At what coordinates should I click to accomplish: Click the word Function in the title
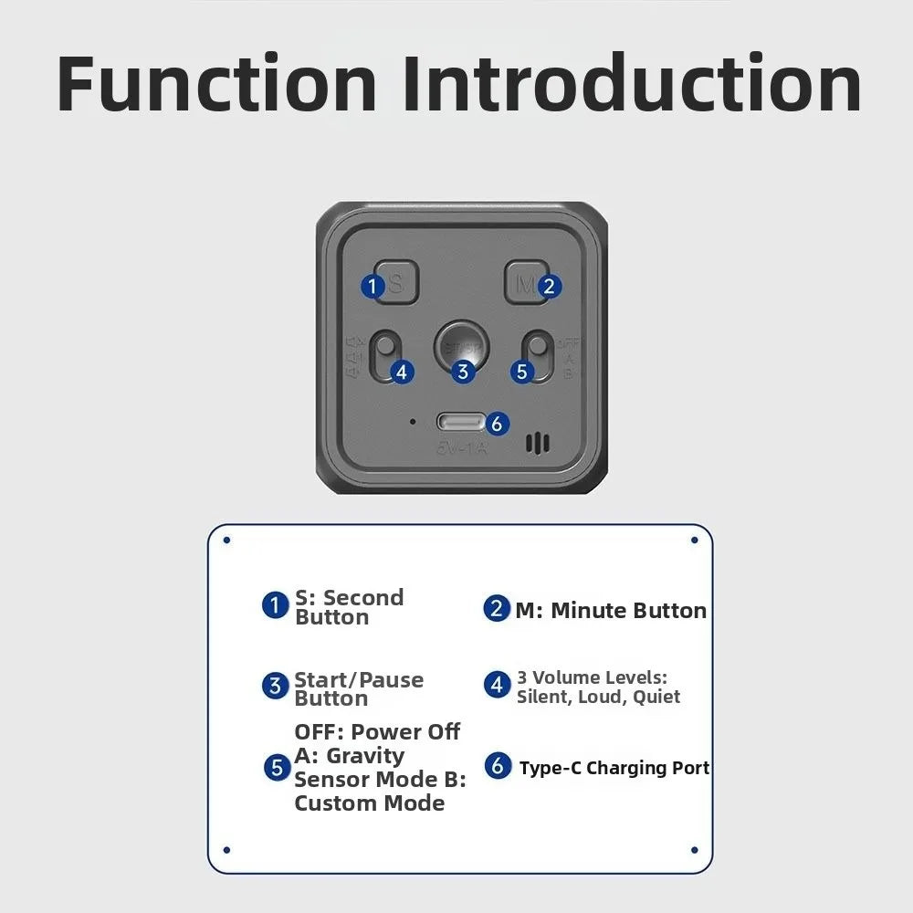[x=217, y=84]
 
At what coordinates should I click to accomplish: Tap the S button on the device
[x=394, y=284]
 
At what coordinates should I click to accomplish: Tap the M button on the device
[x=526, y=284]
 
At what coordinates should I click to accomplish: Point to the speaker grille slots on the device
[x=538, y=444]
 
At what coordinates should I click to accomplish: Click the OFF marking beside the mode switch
[x=568, y=343]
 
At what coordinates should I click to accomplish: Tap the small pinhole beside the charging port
[x=413, y=422]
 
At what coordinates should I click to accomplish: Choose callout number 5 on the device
[x=521, y=372]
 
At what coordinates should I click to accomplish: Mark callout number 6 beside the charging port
[x=496, y=424]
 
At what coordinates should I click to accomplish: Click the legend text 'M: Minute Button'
[x=610, y=611]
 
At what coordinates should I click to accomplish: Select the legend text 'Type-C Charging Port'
[x=614, y=768]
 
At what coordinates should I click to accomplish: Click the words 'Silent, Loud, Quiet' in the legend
[x=598, y=697]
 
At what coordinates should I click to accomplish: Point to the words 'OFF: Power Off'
[x=377, y=732]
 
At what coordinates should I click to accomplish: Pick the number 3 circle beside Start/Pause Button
[x=275, y=687]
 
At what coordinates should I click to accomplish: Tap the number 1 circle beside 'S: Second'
[x=275, y=604]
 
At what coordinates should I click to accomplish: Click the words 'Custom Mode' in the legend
[x=369, y=803]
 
